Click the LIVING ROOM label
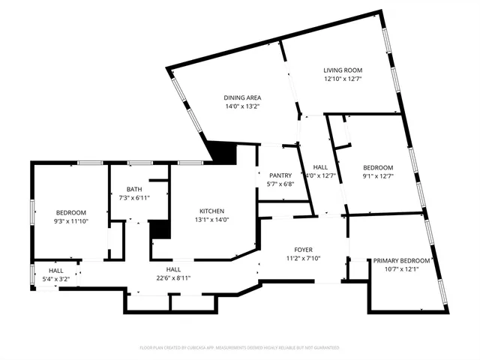click(x=343, y=70)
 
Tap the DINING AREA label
click(x=241, y=98)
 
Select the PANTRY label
click(x=281, y=175)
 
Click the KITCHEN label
click(x=211, y=211)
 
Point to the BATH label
click(x=134, y=189)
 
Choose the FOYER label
click(x=304, y=250)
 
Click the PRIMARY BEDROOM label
click(x=401, y=260)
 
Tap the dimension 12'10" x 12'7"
click(x=343, y=79)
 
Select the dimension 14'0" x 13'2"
click(x=241, y=106)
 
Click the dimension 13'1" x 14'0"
click(x=211, y=219)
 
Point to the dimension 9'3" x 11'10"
click(x=71, y=221)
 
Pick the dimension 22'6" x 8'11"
click(x=174, y=277)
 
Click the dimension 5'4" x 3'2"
click(x=56, y=279)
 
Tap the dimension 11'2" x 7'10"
click(x=304, y=258)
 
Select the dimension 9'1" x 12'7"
click(x=378, y=176)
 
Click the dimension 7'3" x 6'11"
click(x=134, y=197)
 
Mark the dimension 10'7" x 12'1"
click(x=401, y=268)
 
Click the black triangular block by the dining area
click(x=220, y=151)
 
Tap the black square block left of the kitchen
click(x=159, y=229)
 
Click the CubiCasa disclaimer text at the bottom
click(x=240, y=348)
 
